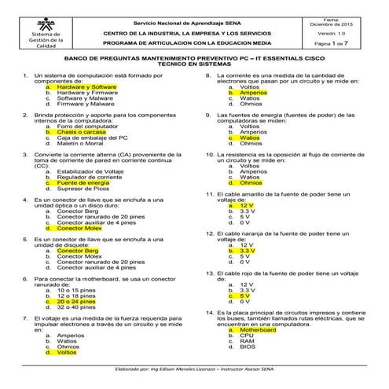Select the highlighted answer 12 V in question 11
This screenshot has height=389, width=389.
(246, 205)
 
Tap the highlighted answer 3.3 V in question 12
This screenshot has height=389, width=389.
(248, 250)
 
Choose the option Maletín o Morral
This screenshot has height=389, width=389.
(82, 143)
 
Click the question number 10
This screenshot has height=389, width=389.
(209, 156)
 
